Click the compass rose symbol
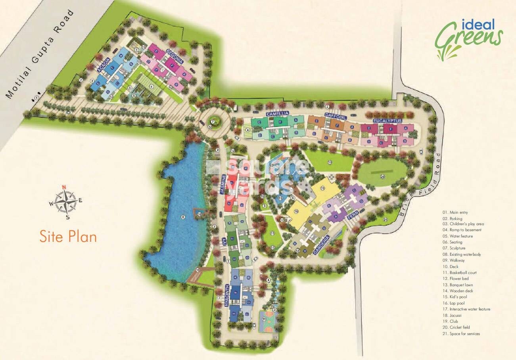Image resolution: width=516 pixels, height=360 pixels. (x=65, y=201)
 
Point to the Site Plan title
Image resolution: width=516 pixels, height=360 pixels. (x=68, y=236)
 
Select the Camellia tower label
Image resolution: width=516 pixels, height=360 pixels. (x=277, y=114)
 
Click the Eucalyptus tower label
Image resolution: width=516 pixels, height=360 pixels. (x=387, y=121)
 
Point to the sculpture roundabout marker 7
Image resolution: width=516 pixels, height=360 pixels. (x=213, y=122)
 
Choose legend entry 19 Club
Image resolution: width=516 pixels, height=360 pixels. (x=456, y=321)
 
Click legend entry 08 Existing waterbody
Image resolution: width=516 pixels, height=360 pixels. (x=462, y=255)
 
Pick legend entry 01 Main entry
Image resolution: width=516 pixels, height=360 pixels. (x=456, y=213)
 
